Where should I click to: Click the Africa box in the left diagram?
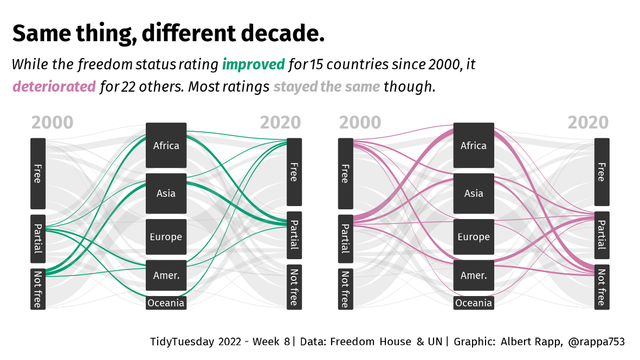point(166,145)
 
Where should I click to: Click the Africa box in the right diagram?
point(474,145)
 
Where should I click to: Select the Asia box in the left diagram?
point(166,193)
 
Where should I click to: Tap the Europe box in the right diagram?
point(474,237)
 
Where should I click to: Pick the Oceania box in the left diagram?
point(166,303)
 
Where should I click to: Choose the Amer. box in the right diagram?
point(474,275)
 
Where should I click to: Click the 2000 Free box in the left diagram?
point(37,173)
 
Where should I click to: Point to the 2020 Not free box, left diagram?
point(294,287)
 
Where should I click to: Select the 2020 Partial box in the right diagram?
point(602,235)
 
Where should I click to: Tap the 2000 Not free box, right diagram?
point(345,289)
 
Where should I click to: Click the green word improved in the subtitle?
point(253,65)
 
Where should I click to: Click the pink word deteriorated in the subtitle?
point(54,87)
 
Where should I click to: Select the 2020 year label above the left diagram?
point(280,123)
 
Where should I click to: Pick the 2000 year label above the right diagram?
point(360,123)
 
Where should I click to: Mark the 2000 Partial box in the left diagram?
point(37,239)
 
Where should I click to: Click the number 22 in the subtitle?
point(129,87)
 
